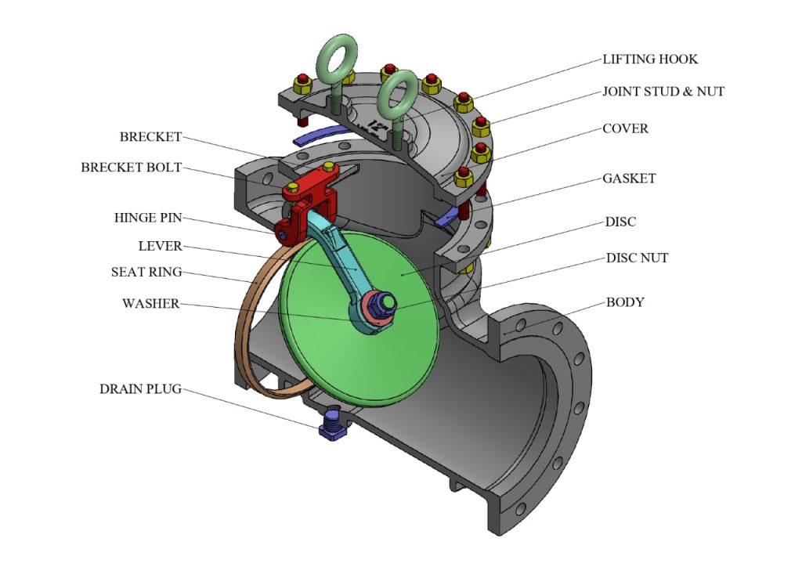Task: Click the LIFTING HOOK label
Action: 649,60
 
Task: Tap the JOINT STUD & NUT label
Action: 663,92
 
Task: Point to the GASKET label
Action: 629,179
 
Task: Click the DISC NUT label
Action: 637,258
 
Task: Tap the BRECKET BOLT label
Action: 131,168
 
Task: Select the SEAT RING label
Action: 146,273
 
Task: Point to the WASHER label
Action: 151,303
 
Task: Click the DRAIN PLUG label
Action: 140,388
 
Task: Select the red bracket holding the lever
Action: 309,192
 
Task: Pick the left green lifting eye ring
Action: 337,56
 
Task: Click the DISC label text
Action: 620,222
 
